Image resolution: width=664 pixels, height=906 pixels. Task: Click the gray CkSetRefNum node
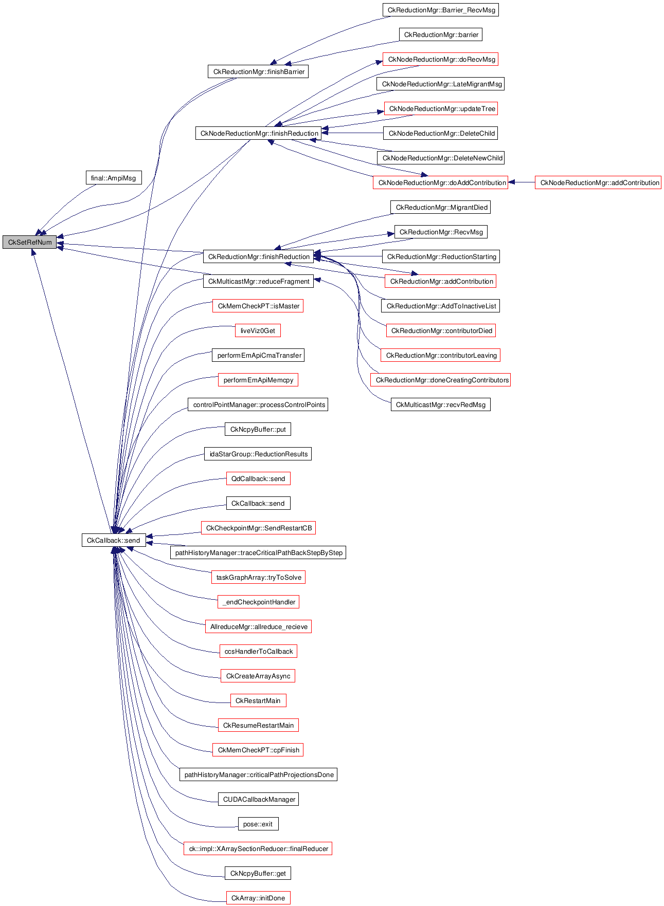(30, 242)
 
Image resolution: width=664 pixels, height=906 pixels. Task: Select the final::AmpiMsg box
(113, 178)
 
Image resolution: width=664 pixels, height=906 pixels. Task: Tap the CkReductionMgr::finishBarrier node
(258, 71)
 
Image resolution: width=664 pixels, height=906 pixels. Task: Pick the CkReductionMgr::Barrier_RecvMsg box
(441, 10)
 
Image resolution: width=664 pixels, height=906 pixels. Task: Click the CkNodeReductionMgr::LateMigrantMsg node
(440, 84)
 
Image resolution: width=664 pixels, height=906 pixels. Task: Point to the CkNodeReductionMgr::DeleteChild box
(441, 133)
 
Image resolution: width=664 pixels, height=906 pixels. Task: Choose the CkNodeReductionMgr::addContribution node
(598, 182)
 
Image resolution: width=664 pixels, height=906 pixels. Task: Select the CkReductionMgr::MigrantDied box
(441, 207)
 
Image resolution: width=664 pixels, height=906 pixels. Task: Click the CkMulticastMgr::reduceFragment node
(258, 281)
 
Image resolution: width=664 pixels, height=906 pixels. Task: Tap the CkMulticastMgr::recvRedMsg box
(440, 404)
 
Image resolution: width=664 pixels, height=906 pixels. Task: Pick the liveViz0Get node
(258, 330)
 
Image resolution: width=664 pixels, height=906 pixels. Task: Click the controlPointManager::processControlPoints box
(258, 404)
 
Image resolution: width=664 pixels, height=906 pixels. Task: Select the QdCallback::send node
(258, 478)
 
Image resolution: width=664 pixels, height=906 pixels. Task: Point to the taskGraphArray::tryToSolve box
(258, 577)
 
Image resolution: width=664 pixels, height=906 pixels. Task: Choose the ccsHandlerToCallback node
(258, 651)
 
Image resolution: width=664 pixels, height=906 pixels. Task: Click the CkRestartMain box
(258, 700)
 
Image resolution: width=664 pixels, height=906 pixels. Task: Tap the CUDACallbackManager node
(258, 799)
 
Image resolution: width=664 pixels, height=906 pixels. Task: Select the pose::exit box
(258, 824)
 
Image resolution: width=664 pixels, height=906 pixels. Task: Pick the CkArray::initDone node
(258, 898)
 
